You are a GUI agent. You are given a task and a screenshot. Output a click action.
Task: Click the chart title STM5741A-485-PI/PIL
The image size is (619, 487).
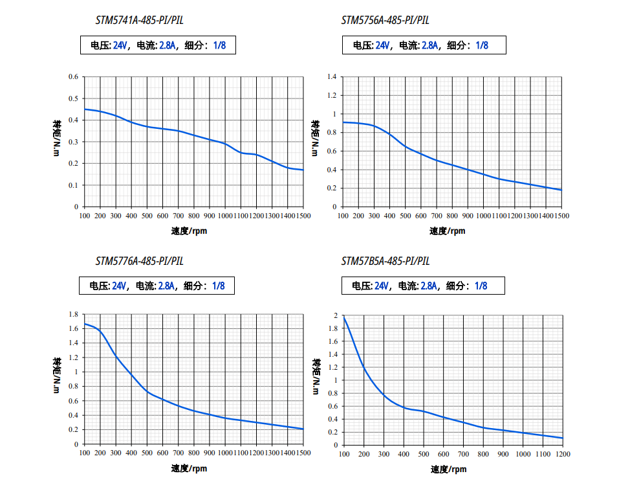(x=140, y=20)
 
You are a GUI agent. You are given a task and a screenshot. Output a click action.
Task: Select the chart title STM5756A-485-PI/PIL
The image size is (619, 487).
(x=386, y=20)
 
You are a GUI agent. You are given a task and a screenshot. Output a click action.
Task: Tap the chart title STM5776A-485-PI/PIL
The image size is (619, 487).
(x=140, y=262)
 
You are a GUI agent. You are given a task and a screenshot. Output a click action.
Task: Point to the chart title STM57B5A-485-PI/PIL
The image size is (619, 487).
(x=386, y=262)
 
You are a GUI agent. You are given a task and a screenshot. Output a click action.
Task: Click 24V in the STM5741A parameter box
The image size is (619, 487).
(x=121, y=45)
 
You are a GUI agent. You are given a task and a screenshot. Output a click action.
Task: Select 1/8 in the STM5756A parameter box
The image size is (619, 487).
(x=482, y=45)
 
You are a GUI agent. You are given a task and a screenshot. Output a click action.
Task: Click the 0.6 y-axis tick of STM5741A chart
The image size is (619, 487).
(x=73, y=77)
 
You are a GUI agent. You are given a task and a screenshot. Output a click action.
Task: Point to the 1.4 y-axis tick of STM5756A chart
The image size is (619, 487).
(x=331, y=77)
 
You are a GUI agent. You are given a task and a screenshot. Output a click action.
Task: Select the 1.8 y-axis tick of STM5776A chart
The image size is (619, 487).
(x=72, y=314)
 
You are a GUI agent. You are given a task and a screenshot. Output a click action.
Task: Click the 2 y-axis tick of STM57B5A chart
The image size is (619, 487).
(x=336, y=315)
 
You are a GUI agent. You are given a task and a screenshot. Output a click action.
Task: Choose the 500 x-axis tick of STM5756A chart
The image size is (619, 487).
(x=406, y=216)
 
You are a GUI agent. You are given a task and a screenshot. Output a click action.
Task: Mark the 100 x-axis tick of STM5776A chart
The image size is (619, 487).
(x=85, y=453)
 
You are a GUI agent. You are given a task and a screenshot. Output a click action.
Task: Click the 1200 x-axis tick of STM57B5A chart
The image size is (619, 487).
(x=563, y=455)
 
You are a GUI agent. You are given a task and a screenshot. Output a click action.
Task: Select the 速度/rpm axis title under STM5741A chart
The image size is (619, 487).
(x=190, y=231)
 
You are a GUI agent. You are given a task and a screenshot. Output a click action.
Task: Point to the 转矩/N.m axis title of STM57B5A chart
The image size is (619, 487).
(x=316, y=376)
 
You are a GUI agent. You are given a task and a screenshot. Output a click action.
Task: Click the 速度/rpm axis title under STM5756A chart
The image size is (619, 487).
(x=447, y=231)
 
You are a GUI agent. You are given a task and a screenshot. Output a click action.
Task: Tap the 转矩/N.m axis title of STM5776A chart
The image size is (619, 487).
(x=58, y=375)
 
